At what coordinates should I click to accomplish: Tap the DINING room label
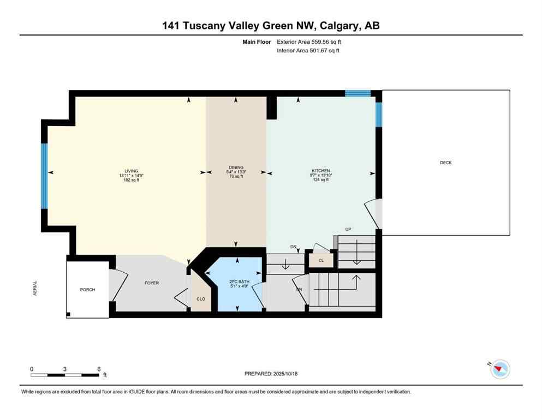pos(236,167)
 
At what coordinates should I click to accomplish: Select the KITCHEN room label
pos(320,171)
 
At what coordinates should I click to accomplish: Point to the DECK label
pos(446,163)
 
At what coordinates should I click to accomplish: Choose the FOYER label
pos(151,283)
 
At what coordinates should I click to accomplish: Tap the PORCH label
pos(87,290)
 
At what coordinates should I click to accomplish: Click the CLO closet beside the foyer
pos(200,299)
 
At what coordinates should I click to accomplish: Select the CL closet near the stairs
pos(321,261)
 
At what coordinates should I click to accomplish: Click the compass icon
pos(499,369)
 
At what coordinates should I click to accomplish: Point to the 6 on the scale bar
pos(99,369)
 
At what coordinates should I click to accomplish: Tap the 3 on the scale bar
pos(65,369)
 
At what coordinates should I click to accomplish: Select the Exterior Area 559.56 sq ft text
pos(309,41)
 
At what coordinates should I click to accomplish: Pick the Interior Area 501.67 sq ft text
pos(309,51)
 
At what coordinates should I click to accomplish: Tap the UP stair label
pos(347,229)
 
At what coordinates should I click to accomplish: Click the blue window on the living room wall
pos(45,176)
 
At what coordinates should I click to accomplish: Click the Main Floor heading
pos(255,41)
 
